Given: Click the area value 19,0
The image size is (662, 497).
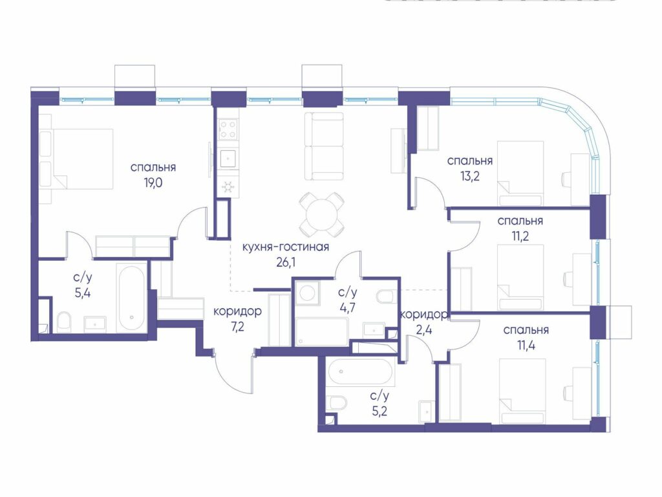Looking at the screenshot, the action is point(153,182).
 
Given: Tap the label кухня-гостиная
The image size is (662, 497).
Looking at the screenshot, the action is point(285,247).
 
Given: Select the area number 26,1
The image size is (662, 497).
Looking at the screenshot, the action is point(286,263).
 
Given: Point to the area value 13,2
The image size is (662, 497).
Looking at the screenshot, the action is point(469,176).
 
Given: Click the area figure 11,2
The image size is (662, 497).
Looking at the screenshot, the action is point(520,236).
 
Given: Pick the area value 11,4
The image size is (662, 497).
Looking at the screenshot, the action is point(526,346).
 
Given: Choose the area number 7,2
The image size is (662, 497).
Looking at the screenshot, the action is point(238,327).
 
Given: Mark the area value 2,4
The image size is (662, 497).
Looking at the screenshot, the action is point(423,329).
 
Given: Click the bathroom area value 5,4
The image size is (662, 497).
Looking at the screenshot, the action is point(83,293).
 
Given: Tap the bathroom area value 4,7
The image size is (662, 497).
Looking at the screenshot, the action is point(347,307).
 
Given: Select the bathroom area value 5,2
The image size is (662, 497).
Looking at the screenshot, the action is point(379,411).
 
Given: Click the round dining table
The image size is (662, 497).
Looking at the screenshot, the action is point(321,214).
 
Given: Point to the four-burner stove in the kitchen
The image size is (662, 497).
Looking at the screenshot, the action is point(228,129).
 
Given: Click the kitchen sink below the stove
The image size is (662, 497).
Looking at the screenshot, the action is point(228,158).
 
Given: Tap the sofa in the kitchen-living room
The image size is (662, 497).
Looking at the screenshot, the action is point(324,146).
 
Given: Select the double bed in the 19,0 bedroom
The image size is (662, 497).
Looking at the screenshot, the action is point(83,159).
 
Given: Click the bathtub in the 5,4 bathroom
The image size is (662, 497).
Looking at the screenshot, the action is point(132,298).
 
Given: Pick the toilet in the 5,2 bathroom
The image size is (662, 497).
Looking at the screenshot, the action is point(337,403).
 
